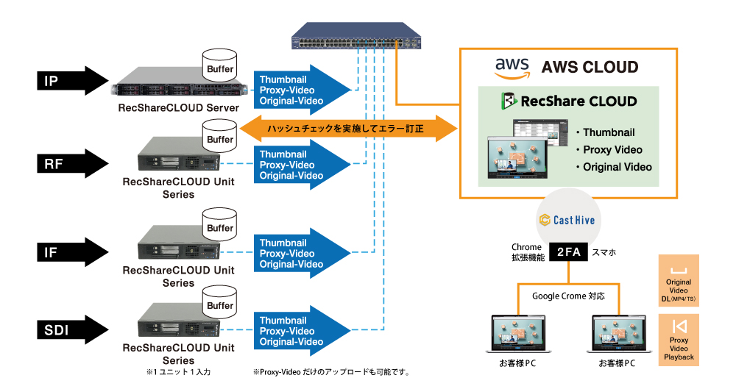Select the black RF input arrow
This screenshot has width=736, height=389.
[x=71, y=163]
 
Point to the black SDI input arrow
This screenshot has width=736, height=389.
[x=71, y=330]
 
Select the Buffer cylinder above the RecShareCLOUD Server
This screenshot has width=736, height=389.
[x=219, y=65]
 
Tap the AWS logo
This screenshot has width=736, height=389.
[x=512, y=68]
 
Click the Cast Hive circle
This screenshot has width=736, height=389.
[x=566, y=218]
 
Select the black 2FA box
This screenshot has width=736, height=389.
[x=567, y=252]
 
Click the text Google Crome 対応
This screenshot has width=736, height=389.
[x=568, y=296]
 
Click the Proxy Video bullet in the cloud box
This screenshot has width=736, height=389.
[x=612, y=150]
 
